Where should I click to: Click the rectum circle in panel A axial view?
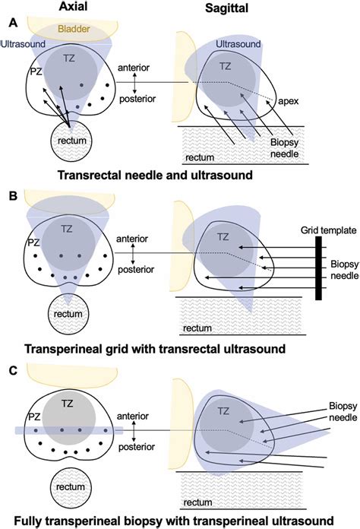(70, 142)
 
